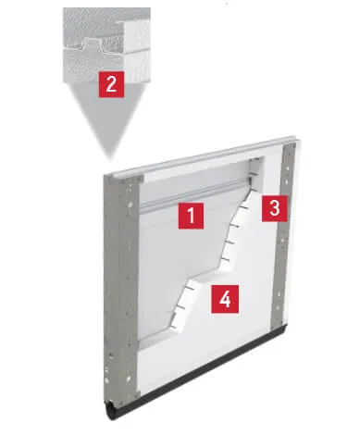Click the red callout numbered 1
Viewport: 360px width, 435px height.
(191, 218)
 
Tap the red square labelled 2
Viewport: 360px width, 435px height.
(111, 84)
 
